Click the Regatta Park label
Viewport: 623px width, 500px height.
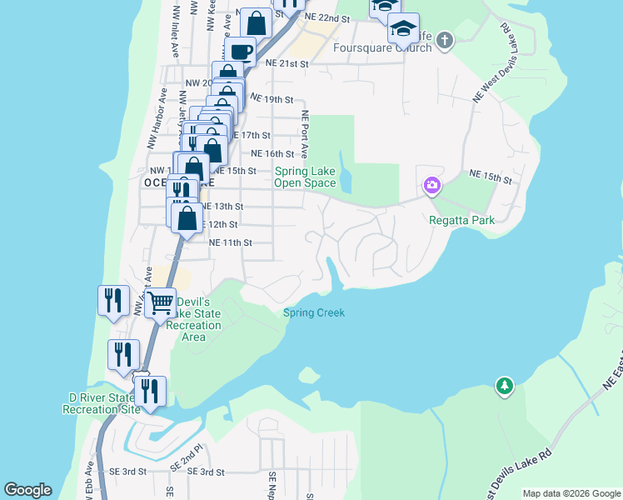[x=461, y=220]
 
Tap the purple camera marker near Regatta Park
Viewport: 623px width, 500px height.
[x=431, y=185]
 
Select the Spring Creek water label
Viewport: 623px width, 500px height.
[x=313, y=312]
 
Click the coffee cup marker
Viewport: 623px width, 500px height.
[x=241, y=52]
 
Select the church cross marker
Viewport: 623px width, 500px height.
[x=445, y=39]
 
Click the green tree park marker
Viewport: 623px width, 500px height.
[x=504, y=386]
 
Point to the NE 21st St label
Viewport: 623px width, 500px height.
[x=287, y=63]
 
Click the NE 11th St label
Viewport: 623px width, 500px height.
[x=230, y=242]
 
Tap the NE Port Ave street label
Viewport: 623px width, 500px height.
[x=305, y=134]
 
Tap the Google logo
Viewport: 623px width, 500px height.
[x=27, y=490]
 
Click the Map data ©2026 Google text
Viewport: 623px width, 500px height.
[x=571, y=493]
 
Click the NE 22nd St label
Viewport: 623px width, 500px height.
[x=326, y=17]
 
